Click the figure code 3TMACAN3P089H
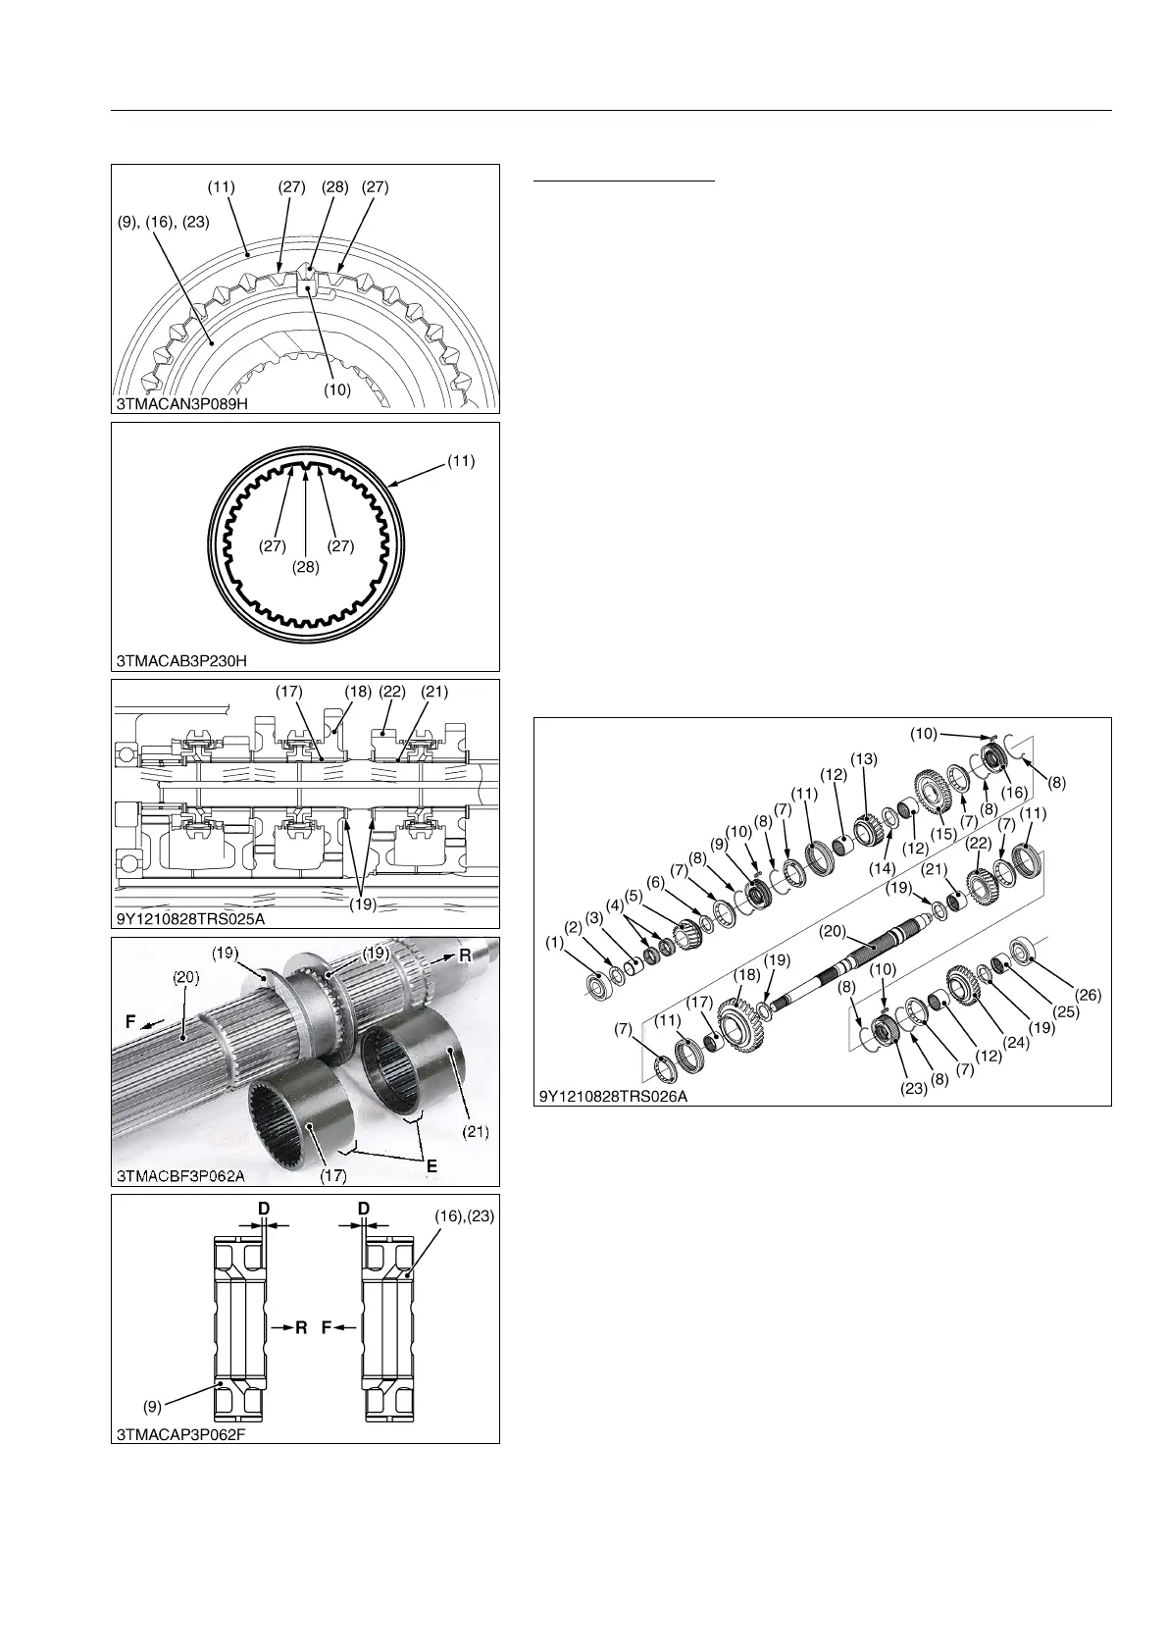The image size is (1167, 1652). (182, 403)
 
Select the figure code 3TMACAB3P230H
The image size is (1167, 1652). (181, 661)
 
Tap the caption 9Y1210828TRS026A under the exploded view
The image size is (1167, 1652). (613, 1096)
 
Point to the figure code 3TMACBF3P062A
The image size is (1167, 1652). (179, 1175)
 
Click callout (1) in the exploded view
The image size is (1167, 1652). (554, 942)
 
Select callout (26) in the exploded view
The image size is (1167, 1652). (1089, 995)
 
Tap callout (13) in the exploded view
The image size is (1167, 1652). (864, 759)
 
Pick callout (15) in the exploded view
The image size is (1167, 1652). (942, 834)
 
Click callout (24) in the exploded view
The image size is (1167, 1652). (1015, 1042)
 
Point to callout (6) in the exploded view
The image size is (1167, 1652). (656, 881)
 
